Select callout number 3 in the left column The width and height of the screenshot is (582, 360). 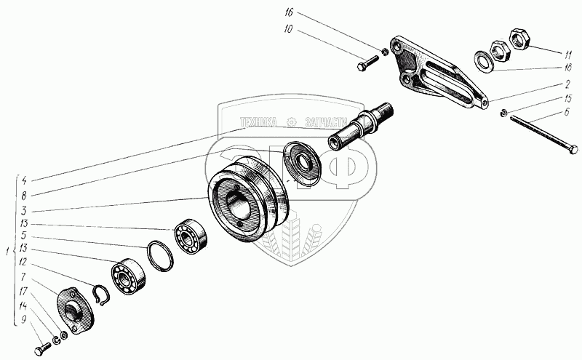(24, 209)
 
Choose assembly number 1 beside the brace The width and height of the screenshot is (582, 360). (7, 252)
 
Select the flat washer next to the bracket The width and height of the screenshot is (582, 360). (483, 60)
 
